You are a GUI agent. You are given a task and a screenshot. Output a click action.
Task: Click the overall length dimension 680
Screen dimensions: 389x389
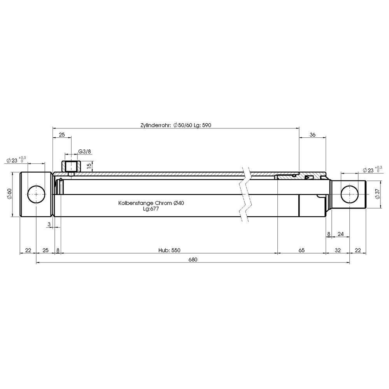click(x=193, y=259)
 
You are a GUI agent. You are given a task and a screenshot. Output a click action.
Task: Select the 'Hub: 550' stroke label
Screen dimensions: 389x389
click(x=169, y=250)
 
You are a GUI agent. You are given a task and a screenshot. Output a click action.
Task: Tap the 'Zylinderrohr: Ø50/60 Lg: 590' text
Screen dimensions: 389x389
click(x=176, y=125)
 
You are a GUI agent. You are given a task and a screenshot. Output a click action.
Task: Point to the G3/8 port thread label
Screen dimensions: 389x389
click(x=84, y=151)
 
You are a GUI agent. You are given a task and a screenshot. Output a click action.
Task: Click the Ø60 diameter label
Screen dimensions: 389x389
click(x=9, y=194)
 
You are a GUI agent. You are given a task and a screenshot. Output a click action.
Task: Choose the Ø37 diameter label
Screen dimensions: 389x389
click(x=378, y=194)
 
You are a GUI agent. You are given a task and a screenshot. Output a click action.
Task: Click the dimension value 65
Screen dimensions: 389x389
click(x=301, y=250)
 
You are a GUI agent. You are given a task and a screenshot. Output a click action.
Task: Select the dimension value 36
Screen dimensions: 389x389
click(x=313, y=135)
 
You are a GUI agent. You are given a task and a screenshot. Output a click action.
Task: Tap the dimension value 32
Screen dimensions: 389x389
click(x=338, y=250)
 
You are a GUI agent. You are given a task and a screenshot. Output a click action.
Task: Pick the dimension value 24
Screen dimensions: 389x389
click(x=341, y=234)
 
